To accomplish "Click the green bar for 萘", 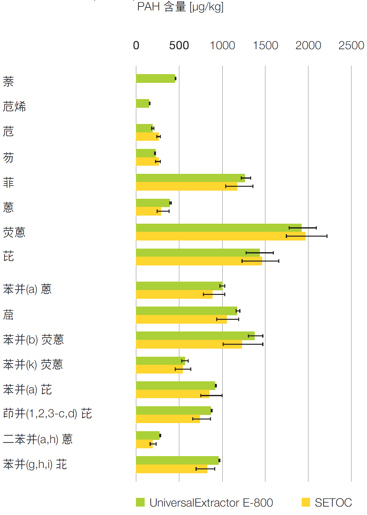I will [x=155, y=78].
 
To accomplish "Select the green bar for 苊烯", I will [x=142, y=104].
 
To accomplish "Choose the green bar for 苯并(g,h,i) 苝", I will [x=177, y=460].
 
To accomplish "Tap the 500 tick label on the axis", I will [x=179, y=46].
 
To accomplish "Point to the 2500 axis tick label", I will [x=351, y=46].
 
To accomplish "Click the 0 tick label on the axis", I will [x=136, y=46].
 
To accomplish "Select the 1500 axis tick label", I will [x=265, y=46].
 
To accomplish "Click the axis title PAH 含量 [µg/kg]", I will [x=180, y=6].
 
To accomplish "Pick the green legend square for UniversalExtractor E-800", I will [x=140, y=502].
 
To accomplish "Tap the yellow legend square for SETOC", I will [x=306, y=502].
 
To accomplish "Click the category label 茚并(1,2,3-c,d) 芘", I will [x=48, y=414].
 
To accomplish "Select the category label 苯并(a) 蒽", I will [x=27, y=289].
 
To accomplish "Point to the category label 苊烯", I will [x=14, y=106].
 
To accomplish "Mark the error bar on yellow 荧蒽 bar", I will [x=306, y=236].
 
